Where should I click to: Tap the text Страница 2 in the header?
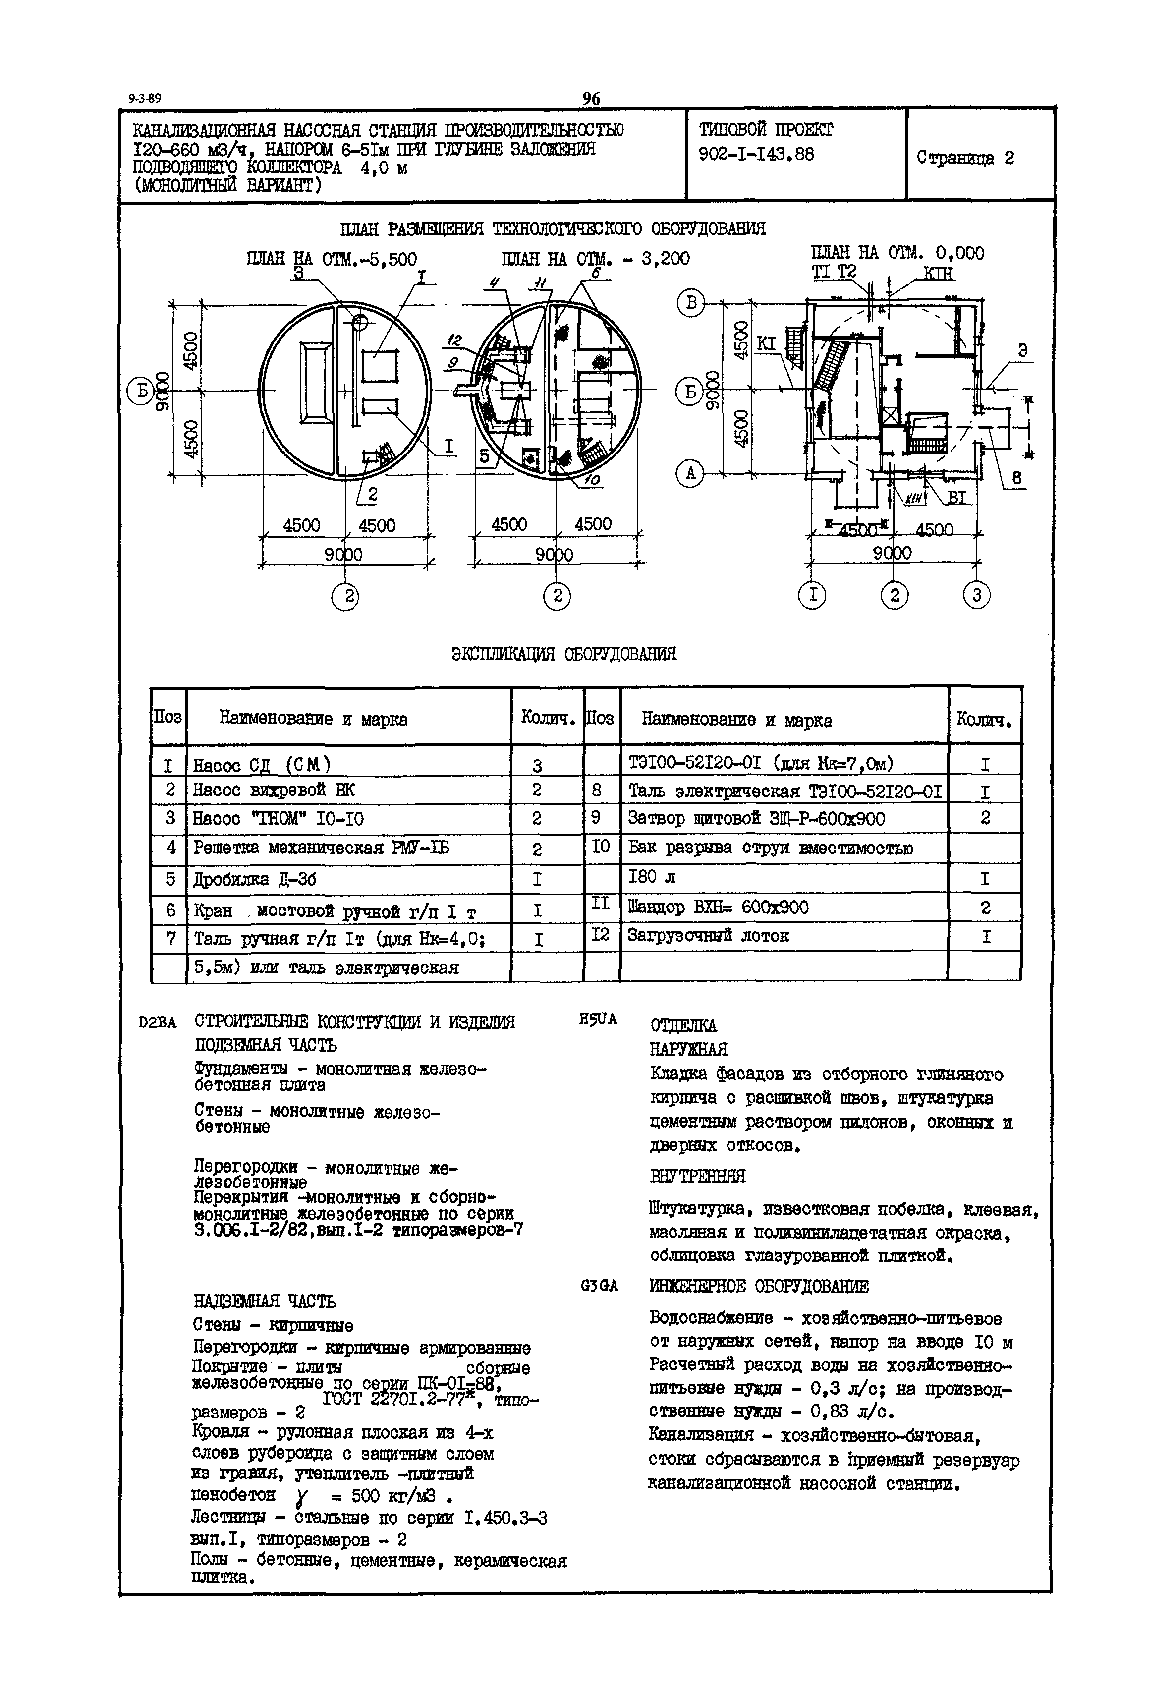965,158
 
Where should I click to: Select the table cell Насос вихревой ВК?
274,790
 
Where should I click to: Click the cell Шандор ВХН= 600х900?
719,907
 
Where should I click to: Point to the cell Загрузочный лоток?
708,936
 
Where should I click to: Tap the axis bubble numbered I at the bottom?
813,595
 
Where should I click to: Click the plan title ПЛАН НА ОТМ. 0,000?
897,253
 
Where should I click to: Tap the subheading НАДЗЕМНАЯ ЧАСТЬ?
265,1302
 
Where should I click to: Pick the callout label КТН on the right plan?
939,274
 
